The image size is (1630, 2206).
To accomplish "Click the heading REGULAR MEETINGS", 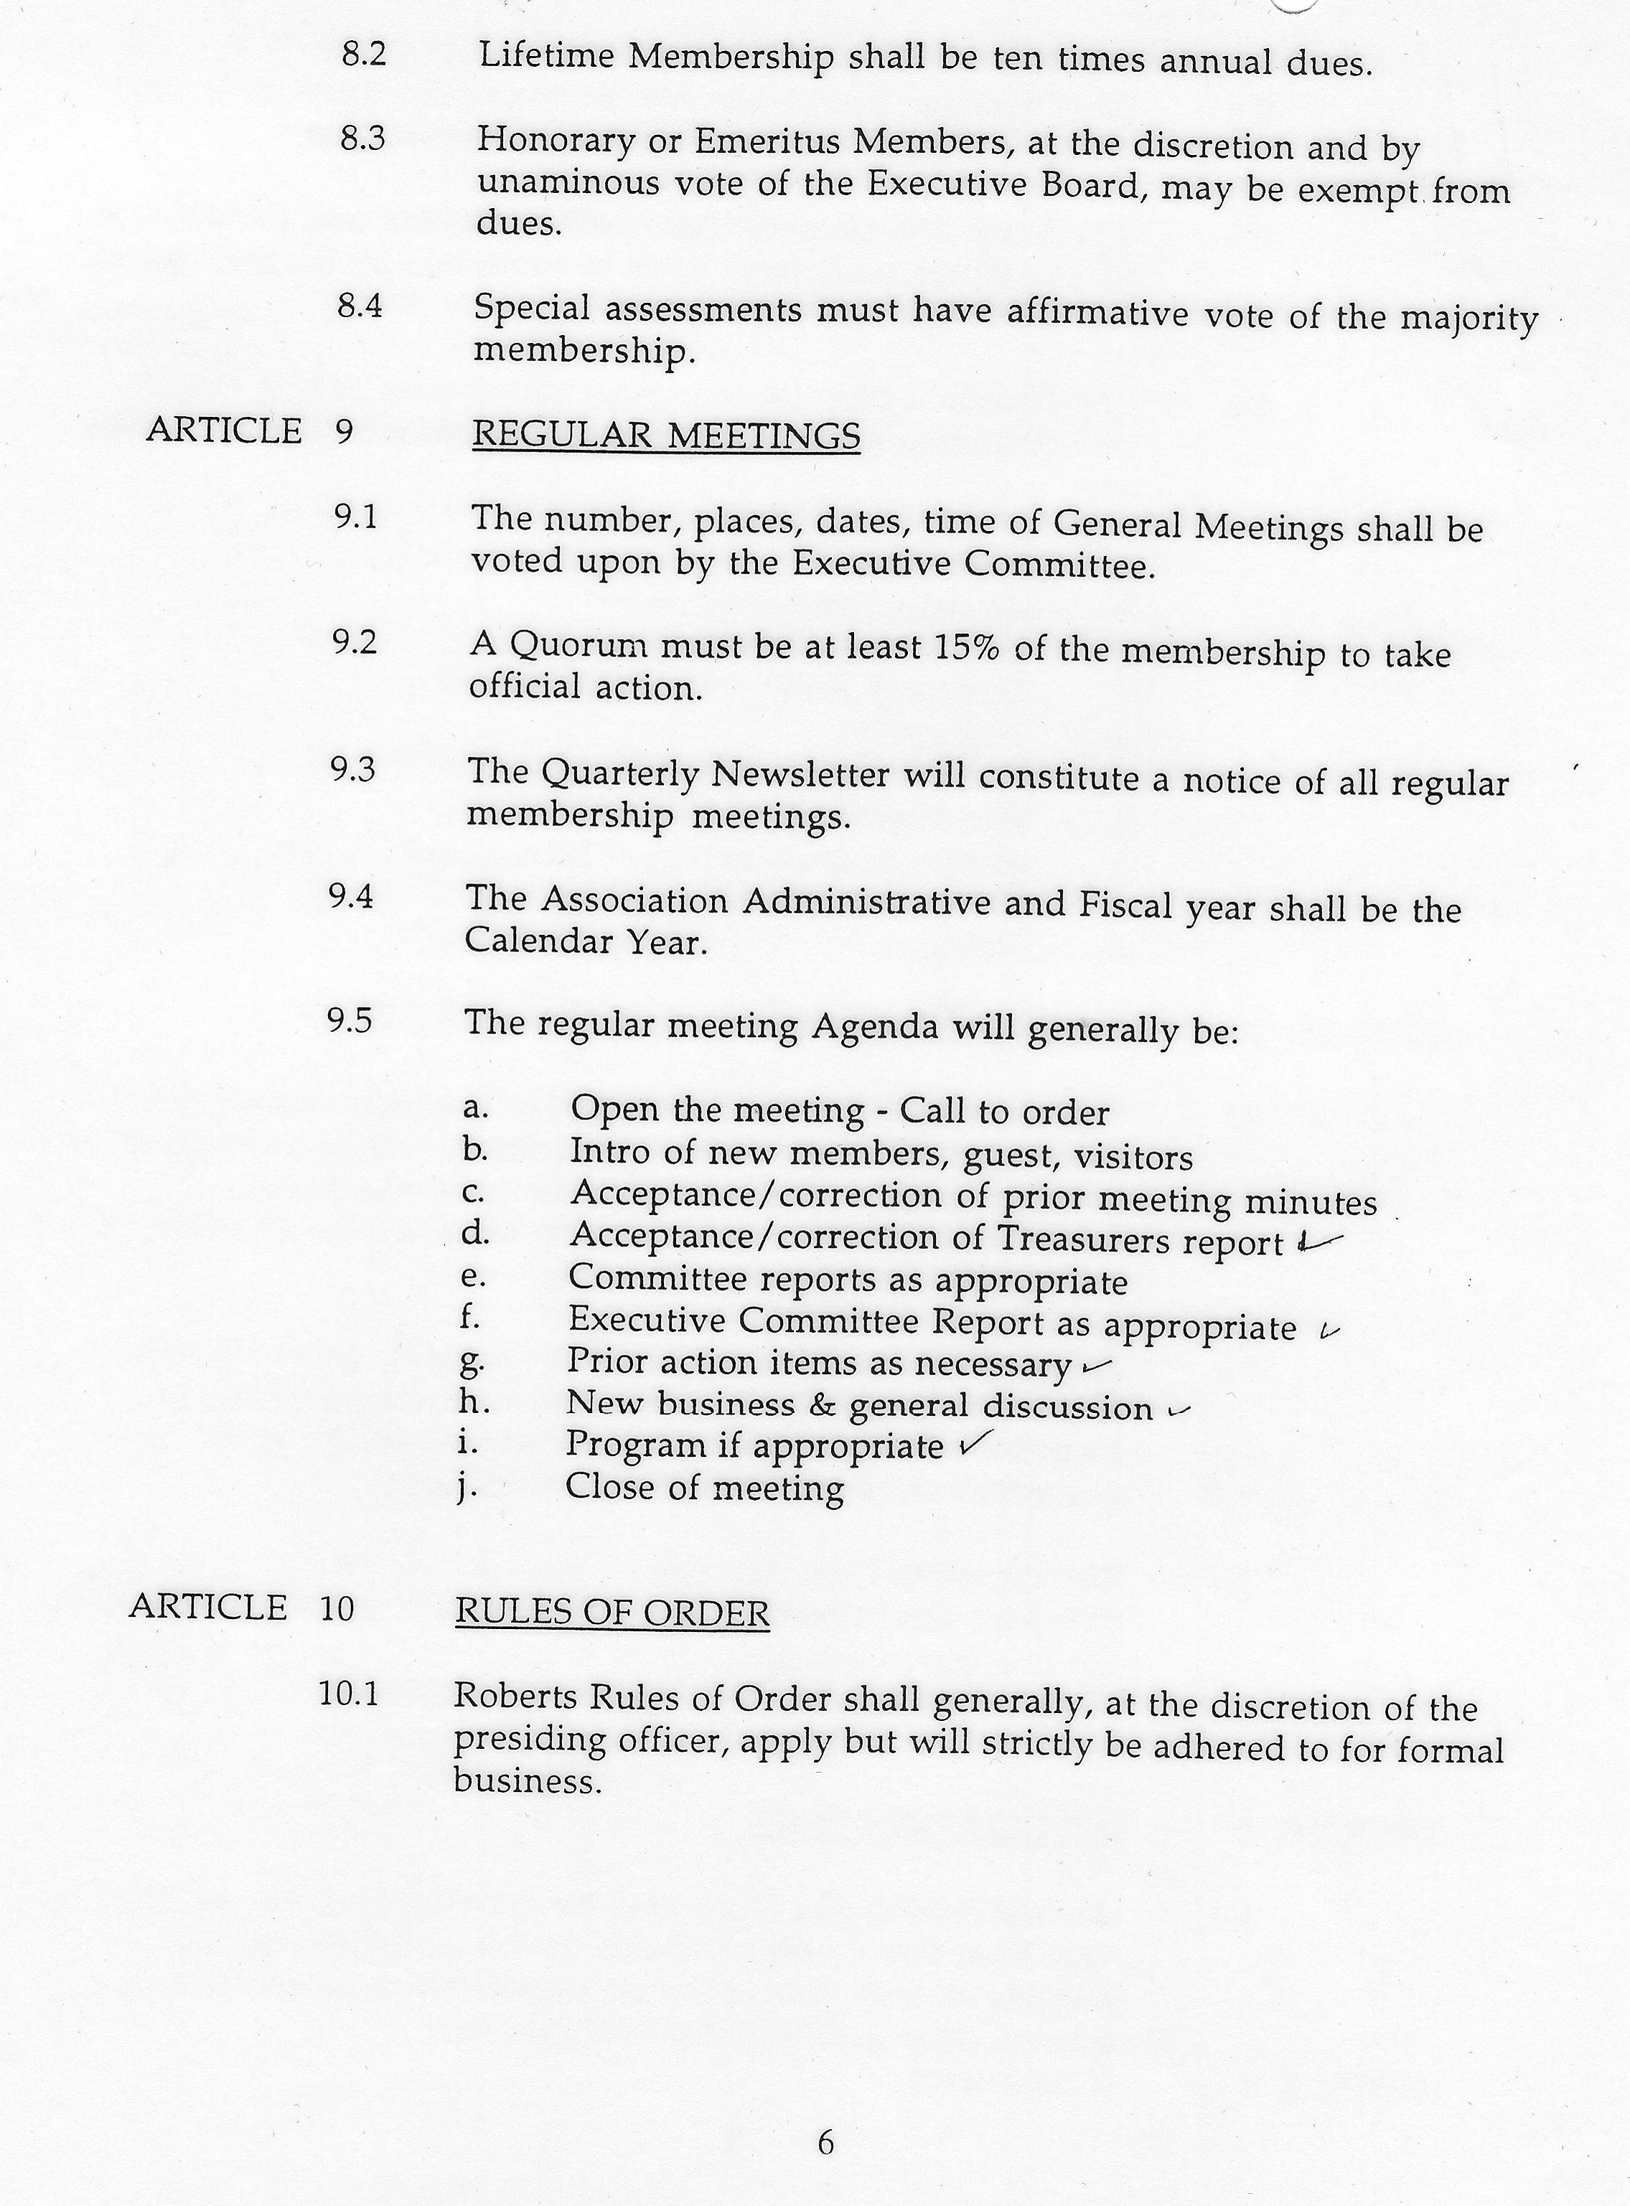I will tap(666, 435).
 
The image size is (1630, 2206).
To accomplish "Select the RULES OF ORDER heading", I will tap(612, 1612).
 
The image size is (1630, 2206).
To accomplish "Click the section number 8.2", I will tap(363, 55).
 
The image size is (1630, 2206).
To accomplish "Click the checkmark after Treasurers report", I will tap(1320, 1242).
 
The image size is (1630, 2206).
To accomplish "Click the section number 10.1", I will tap(348, 1694).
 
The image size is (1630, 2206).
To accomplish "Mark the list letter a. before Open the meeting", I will tap(474, 1107).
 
